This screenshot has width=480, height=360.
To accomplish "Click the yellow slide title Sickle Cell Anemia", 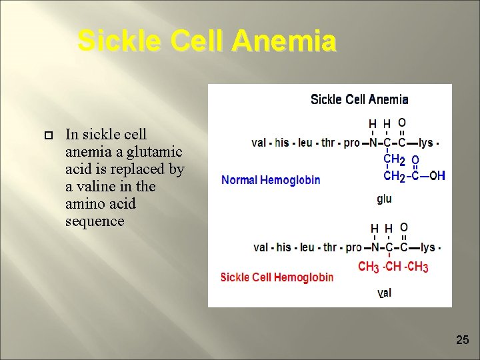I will point(207,41).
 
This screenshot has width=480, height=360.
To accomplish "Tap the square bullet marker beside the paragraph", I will point(48,135).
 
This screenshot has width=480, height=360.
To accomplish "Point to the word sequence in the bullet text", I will point(95,221).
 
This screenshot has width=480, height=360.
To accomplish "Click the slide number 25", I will point(462,340).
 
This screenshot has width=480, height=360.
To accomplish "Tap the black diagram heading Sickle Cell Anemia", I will point(359,99).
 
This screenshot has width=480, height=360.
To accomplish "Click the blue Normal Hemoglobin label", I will point(271,180).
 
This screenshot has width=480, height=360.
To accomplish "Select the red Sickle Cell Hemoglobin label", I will point(277,277).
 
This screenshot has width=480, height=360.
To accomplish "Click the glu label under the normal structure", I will point(384,199).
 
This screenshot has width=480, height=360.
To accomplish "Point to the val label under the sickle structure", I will point(384,293).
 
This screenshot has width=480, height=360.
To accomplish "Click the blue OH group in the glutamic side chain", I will point(437,176).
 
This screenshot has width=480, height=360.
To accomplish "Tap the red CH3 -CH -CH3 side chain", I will point(393,267).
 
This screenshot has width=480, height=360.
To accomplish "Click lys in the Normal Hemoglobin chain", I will point(426,143).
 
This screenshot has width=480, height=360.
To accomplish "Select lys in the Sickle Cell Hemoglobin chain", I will point(427,247).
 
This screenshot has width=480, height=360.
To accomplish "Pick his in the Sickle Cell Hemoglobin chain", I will point(284,247).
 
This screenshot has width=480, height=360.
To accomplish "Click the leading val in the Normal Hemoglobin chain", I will point(259,143).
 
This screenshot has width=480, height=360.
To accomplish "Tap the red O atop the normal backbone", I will point(402,123).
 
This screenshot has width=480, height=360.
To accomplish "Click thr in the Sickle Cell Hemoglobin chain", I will point(329,247).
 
